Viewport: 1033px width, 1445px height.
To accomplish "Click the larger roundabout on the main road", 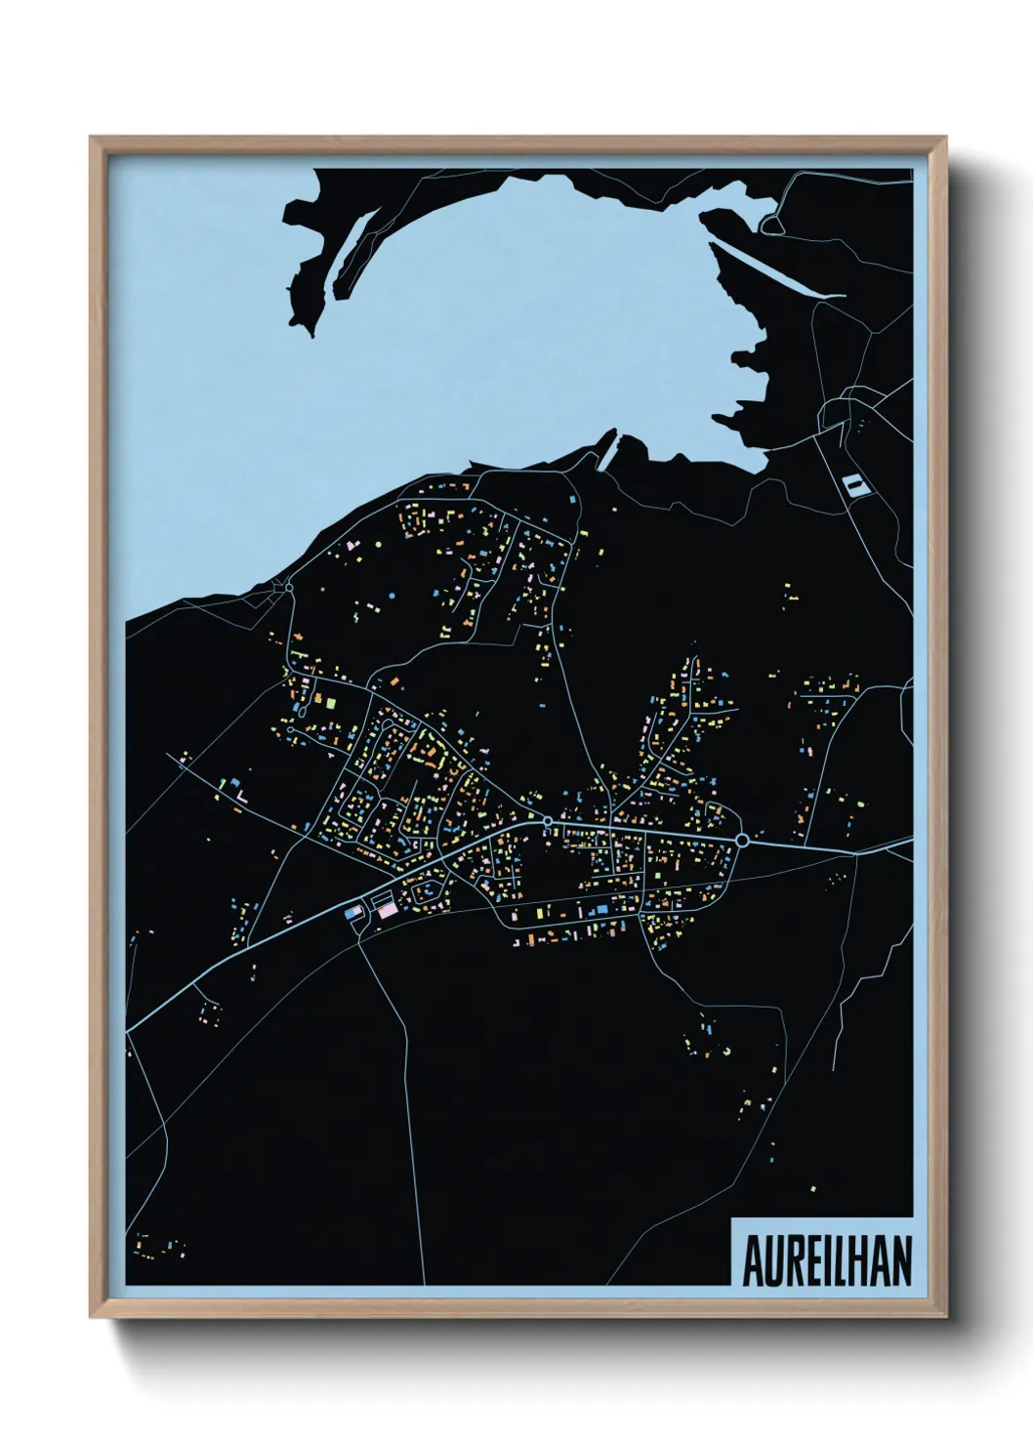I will pos(742,840).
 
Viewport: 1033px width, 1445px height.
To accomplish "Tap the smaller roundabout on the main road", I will pos(548,821).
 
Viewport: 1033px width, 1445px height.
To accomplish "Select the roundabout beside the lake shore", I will pos(289,587).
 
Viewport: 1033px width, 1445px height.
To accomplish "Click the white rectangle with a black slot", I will pos(853,483).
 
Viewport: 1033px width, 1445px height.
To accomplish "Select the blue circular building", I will pos(393,595).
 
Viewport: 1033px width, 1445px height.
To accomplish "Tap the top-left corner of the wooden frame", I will pos(91,138).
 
